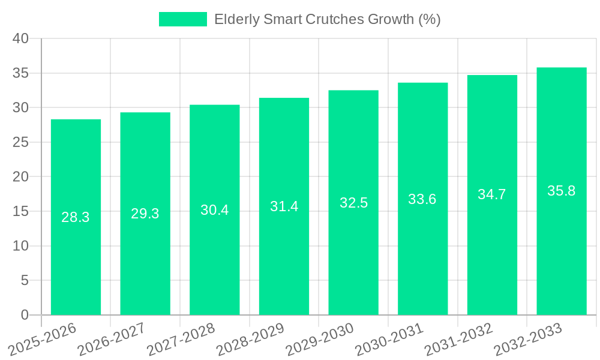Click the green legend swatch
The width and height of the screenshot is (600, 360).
(x=182, y=19)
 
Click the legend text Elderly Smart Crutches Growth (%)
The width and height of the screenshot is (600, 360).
(x=327, y=19)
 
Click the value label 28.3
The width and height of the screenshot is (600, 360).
(x=76, y=217)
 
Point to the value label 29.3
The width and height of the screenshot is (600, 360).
(x=145, y=214)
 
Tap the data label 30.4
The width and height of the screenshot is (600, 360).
(x=214, y=210)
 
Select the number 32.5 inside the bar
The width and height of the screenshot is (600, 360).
(x=353, y=203)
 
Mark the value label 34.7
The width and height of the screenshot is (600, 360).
(x=492, y=194)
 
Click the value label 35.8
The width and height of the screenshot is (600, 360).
(x=562, y=191)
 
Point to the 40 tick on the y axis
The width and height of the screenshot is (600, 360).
(x=20, y=38)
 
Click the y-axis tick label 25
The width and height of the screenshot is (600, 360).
(x=20, y=142)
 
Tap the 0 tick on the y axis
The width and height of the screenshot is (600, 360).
(x=25, y=315)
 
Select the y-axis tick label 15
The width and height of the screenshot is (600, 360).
(x=20, y=211)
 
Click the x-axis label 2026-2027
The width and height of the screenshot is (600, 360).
(x=112, y=340)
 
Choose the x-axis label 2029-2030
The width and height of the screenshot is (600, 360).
(x=320, y=340)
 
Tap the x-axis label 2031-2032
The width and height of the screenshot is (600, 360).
(x=458, y=340)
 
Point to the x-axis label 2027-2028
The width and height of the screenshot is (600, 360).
(x=181, y=340)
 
